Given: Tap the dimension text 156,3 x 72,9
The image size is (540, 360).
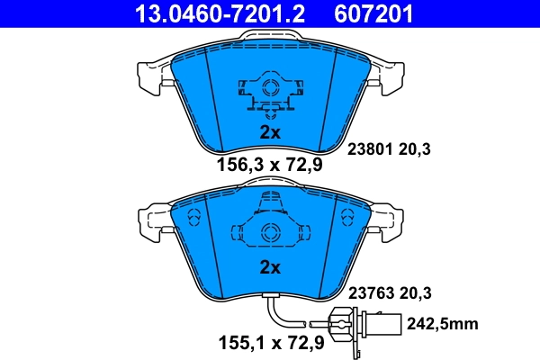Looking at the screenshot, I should (x=270, y=165).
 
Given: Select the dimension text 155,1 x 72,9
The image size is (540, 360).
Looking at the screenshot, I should (x=270, y=342).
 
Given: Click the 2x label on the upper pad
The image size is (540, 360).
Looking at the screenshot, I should (x=270, y=131).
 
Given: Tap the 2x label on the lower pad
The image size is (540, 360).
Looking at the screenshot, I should (x=270, y=267).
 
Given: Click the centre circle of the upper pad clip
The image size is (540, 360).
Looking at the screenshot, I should (x=268, y=88).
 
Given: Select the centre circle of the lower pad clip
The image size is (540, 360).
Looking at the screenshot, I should (x=267, y=232).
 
